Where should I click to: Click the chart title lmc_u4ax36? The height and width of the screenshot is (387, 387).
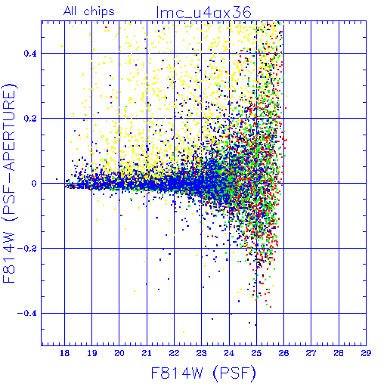[x=203, y=12]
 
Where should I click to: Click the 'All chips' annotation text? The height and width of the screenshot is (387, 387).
[x=89, y=11]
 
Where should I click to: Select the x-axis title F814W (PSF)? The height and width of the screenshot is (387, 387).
[x=203, y=373]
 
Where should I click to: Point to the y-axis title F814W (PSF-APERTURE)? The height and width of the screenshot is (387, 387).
[x=9, y=184]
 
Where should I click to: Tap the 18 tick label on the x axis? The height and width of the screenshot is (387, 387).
[x=64, y=353]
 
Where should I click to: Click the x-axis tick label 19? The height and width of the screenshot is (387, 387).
[x=92, y=353]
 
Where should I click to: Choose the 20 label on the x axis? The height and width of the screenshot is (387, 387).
[x=119, y=353]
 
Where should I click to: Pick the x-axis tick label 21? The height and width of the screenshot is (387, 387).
[x=147, y=353]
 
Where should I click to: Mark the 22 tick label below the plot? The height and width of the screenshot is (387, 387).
[x=174, y=353]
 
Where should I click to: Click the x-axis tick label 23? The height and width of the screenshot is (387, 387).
[x=202, y=353]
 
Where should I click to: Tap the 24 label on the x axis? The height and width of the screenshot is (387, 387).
[x=229, y=353]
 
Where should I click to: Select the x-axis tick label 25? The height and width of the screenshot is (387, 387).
[x=256, y=353]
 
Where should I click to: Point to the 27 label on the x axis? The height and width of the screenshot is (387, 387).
[x=311, y=353]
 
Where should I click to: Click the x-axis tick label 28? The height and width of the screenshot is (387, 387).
[x=339, y=353]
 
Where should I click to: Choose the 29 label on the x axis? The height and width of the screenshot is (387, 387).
[x=366, y=353]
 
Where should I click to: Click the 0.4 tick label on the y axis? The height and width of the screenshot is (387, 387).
[x=30, y=54]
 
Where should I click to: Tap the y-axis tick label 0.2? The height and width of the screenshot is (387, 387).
[x=30, y=119]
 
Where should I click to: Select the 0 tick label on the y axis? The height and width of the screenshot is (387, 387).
[x=34, y=184]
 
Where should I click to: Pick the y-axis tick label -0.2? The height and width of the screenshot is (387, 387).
[x=27, y=249]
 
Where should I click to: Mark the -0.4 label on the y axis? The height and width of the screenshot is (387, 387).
[x=27, y=314]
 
